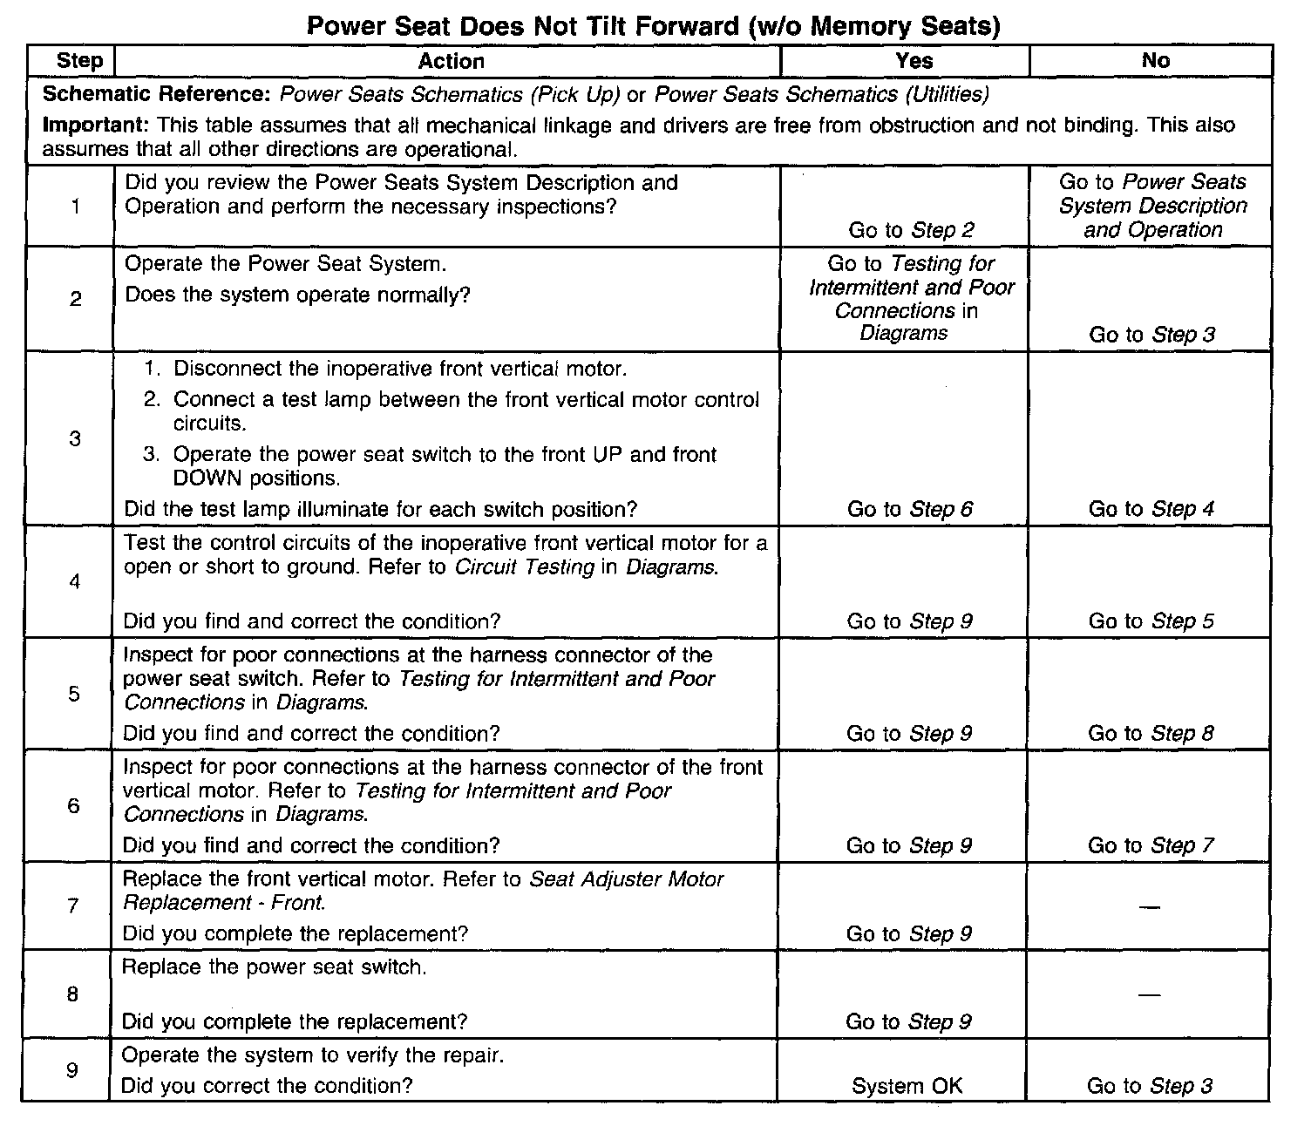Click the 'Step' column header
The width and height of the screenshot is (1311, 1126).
(x=79, y=61)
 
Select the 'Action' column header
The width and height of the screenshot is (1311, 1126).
(x=451, y=61)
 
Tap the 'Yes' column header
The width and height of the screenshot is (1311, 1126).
(x=914, y=61)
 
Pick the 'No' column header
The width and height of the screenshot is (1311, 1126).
(x=1155, y=61)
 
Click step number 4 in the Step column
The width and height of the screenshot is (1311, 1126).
(x=74, y=581)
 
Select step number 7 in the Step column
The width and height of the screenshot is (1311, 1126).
(x=73, y=906)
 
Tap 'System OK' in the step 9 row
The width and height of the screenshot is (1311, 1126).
(x=907, y=1086)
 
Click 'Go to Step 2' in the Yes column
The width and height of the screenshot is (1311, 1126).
(x=911, y=230)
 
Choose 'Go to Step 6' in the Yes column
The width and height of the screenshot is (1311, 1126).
(x=909, y=509)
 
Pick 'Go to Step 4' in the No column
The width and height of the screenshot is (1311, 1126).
(x=1151, y=509)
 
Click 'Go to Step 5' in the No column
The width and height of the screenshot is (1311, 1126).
(x=1151, y=621)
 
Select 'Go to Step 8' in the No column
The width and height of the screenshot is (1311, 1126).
(x=1151, y=734)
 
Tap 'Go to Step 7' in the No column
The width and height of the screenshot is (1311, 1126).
(x=1151, y=845)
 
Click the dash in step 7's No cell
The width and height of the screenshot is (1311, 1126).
(x=1150, y=908)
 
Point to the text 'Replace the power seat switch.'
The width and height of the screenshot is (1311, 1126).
(x=274, y=967)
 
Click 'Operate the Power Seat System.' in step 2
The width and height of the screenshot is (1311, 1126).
(x=285, y=264)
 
